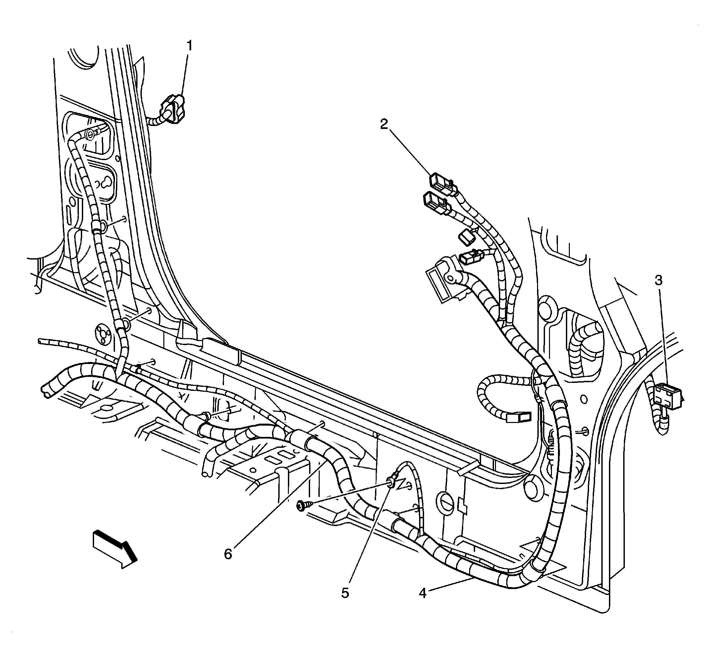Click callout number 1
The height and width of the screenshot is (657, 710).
[x=190, y=46]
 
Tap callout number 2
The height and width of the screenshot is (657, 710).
[x=384, y=124]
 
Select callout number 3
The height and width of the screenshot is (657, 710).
[x=658, y=280]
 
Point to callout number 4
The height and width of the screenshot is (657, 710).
[x=422, y=593]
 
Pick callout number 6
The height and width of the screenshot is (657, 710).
[x=228, y=554]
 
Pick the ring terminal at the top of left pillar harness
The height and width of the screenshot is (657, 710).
[x=91, y=134]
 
